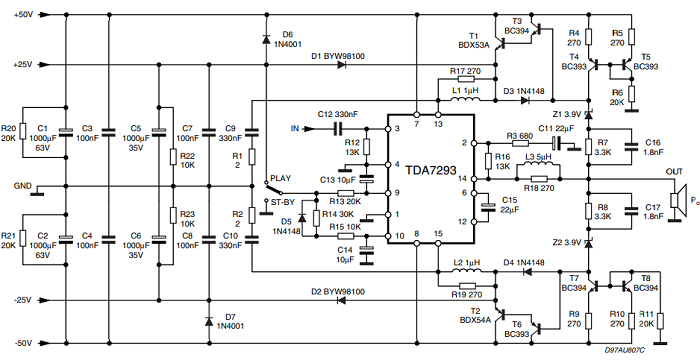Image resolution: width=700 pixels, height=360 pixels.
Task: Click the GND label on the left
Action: tap(22, 185)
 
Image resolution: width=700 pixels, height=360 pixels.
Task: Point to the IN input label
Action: tap(294, 129)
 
